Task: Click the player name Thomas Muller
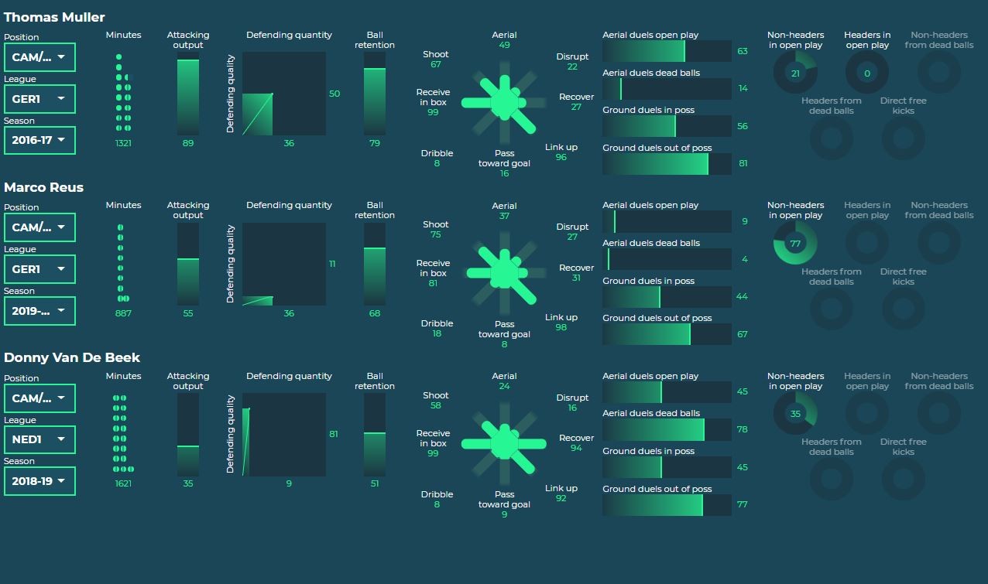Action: click(x=54, y=17)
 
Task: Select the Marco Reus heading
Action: click(x=43, y=187)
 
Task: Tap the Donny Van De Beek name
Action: click(x=72, y=357)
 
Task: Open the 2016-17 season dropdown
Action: click(x=39, y=141)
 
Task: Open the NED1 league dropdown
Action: click(x=39, y=439)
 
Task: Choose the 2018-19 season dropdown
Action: click(x=39, y=481)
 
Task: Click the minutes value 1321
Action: click(x=123, y=143)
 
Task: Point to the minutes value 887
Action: click(x=123, y=313)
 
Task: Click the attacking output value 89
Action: click(x=188, y=143)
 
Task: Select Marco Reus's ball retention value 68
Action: click(x=375, y=313)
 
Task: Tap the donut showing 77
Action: click(x=795, y=244)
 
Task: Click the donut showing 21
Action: click(x=795, y=73)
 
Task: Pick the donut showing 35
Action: click(x=795, y=414)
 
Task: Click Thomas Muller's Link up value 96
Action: click(x=561, y=157)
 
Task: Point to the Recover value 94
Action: click(x=576, y=448)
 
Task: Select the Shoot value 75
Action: click(x=436, y=234)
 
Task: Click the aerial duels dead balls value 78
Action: click(x=743, y=429)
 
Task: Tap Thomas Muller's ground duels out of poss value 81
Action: click(x=743, y=163)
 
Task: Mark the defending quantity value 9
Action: click(x=289, y=483)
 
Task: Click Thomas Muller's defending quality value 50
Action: click(x=334, y=94)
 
